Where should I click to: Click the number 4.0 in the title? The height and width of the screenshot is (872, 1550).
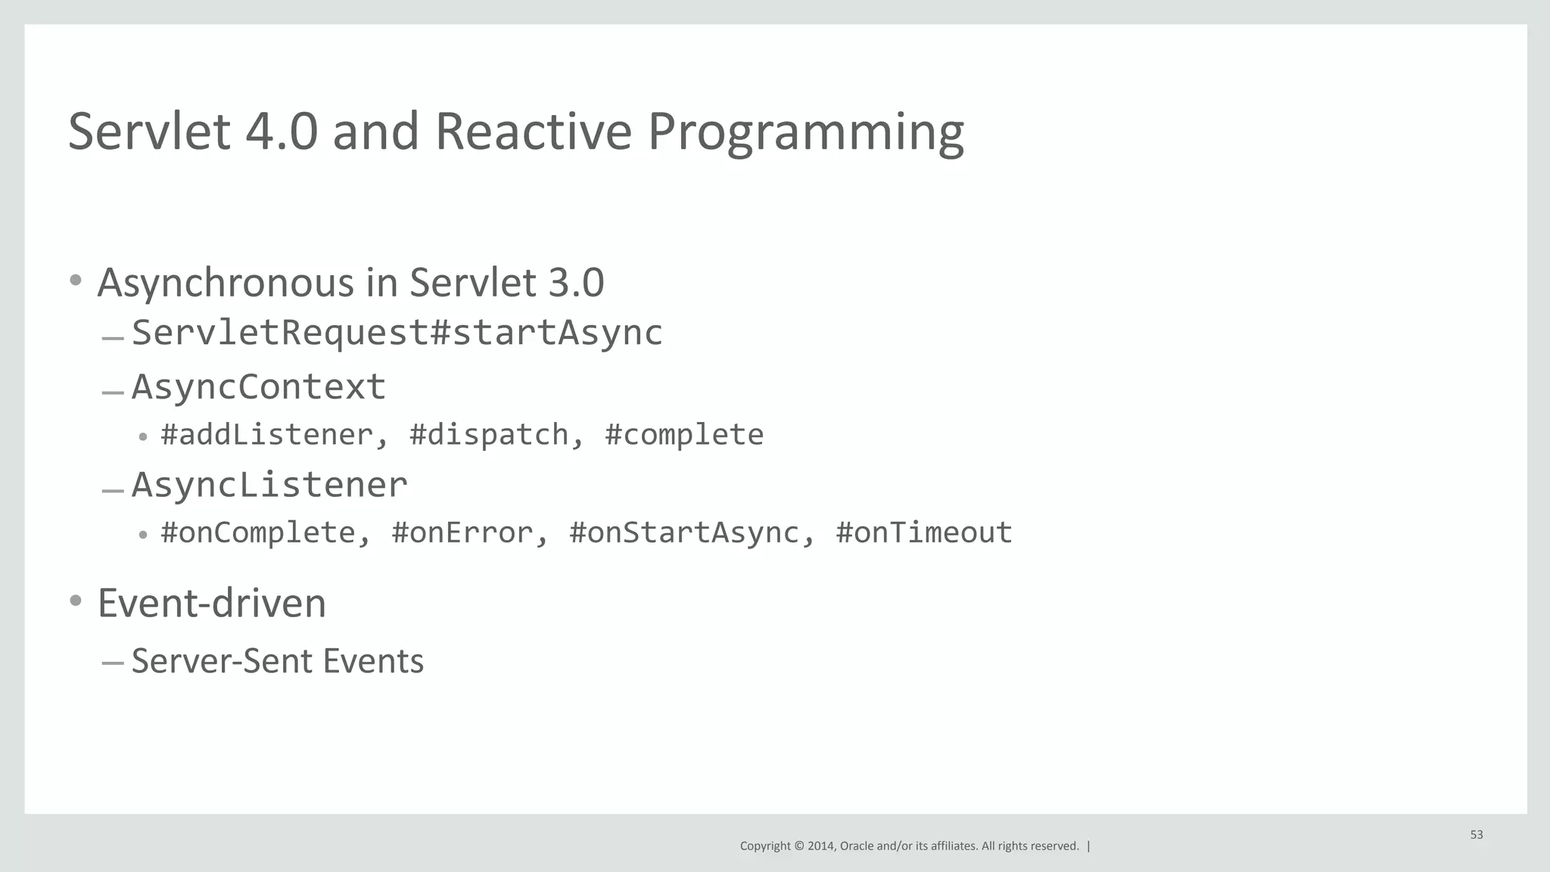click(281, 132)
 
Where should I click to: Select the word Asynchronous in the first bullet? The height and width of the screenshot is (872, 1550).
click(226, 284)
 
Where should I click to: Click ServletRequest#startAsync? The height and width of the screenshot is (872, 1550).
click(397, 333)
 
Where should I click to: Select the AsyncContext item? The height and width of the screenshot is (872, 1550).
click(259, 386)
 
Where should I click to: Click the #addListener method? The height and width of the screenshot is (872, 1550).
click(266, 435)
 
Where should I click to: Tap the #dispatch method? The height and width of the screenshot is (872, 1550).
click(488, 435)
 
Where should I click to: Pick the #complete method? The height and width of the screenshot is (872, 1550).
click(684, 435)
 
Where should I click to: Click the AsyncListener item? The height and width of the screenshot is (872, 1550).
click(269, 484)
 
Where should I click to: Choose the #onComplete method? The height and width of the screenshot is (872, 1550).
click(257, 532)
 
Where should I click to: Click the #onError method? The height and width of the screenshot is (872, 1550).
click(462, 532)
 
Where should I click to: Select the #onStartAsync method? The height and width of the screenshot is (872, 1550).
click(683, 532)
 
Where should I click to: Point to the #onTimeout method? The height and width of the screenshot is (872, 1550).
click(924, 532)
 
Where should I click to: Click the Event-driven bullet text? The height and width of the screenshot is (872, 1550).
click(212, 604)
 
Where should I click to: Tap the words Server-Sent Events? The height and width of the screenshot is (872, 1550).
click(278, 661)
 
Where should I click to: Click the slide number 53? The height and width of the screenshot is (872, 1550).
click(1477, 835)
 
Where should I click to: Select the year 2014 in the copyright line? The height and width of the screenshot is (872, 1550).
click(820, 846)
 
